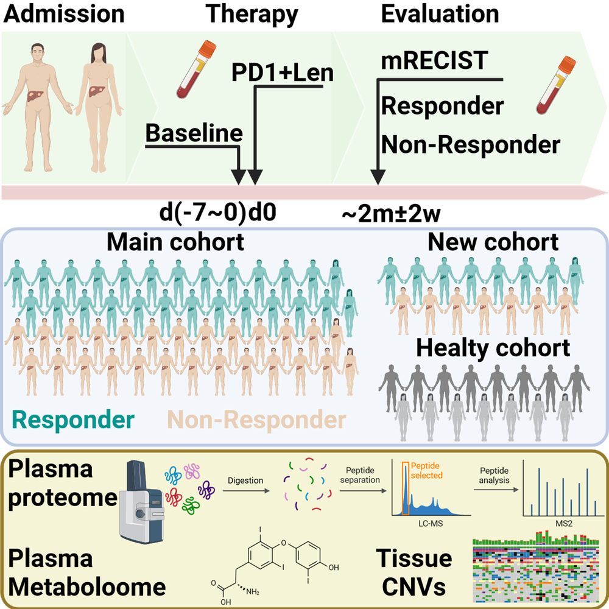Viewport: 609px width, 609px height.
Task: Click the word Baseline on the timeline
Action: pos(194,133)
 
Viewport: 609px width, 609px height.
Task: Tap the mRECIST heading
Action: pos(434,61)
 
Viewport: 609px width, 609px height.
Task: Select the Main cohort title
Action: pos(175,242)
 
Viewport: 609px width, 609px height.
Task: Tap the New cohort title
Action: pos(493,242)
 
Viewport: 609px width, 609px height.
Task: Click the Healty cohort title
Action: pos(493,348)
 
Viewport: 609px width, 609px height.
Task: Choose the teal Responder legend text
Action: pos(74,420)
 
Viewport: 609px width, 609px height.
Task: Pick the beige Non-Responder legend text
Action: pos(256,420)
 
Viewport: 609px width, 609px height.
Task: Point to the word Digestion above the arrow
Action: pos(245,481)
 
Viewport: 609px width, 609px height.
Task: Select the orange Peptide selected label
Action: pos(427,470)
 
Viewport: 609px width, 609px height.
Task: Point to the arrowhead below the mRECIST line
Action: pos(378,177)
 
